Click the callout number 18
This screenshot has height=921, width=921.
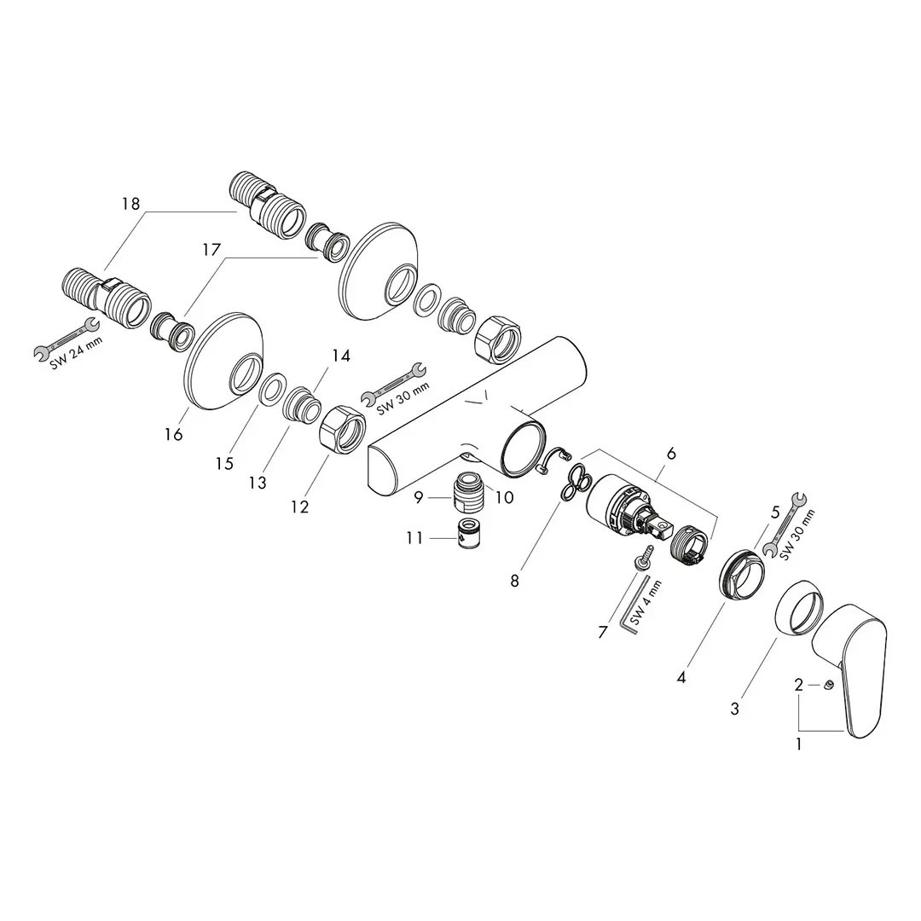click(x=131, y=204)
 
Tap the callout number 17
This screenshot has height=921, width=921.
click(x=211, y=250)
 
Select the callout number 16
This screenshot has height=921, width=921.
click(x=174, y=435)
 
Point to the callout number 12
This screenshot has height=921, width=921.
click(x=299, y=507)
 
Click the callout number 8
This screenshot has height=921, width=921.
click(x=514, y=582)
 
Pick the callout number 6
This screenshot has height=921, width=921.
click(x=671, y=454)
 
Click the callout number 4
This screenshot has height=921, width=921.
click(x=681, y=678)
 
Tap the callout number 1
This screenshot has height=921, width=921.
click(x=798, y=744)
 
